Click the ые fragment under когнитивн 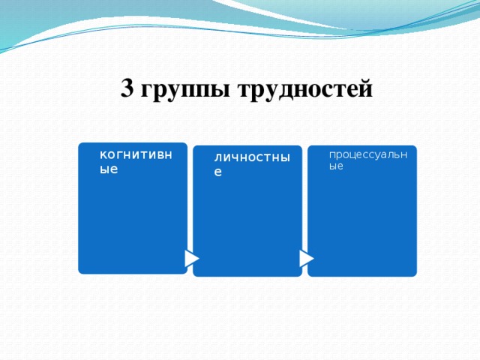pos(109,169)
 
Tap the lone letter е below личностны pos(217,172)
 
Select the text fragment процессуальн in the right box pos(367,154)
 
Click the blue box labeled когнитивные pos(132,217)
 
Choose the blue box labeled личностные pos(247,225)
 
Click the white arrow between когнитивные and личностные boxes pos(192,258)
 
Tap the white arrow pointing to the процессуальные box pos(306,258)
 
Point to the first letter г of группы pos(146,92)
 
